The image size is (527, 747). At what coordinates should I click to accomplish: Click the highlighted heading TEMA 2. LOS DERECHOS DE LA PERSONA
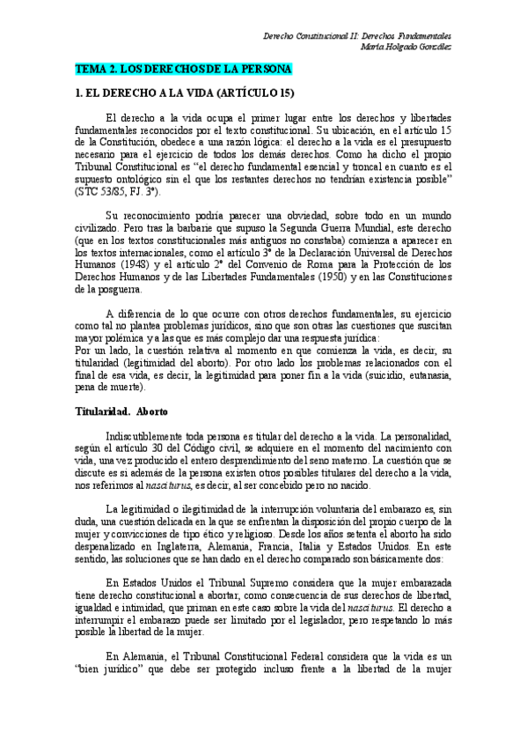click(x=183, y=69)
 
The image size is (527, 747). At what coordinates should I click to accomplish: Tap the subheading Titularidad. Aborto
click(x=121, y=412)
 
